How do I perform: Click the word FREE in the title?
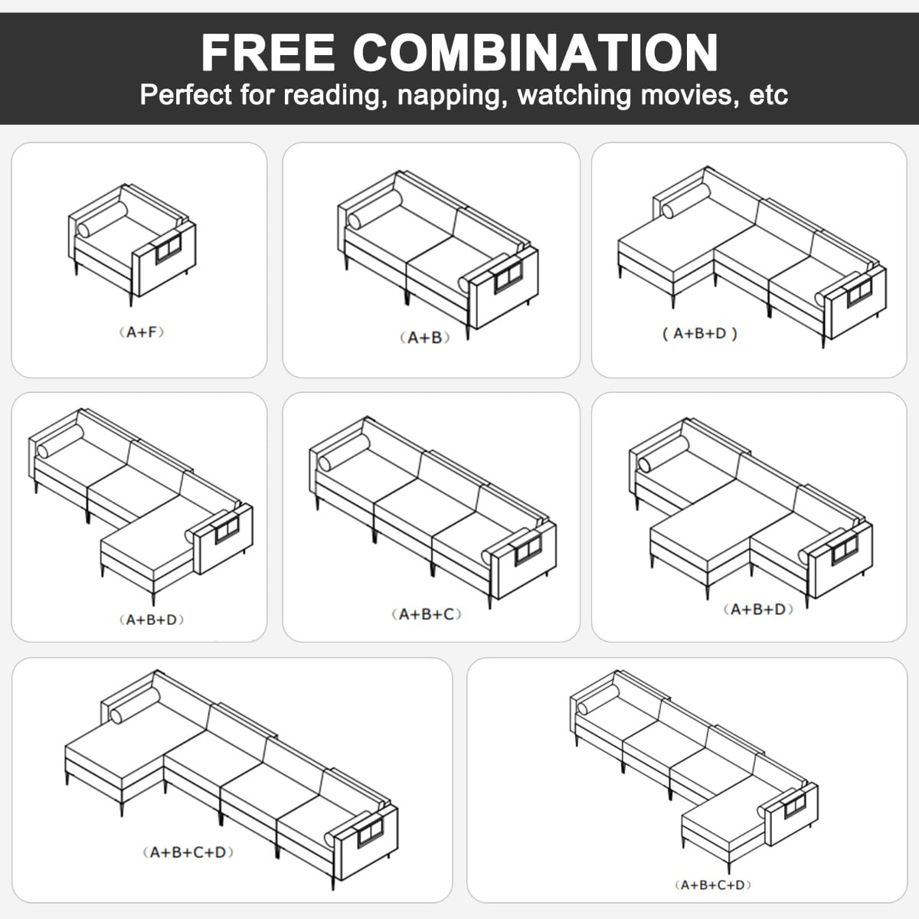tap(268, 53)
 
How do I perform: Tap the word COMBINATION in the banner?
tap(535, 53)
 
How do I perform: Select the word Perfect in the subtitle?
tap(186, 94)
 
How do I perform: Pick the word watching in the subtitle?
tap(574, 96)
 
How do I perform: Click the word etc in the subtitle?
tap(768, 96)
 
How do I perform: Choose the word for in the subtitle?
tap(257, 94)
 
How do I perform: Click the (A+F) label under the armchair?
tap(141, 332)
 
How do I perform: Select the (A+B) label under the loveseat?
tap(424, 338)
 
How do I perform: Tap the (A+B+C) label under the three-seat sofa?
tap(427, 614)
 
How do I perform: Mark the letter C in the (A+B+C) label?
tap(449, 614)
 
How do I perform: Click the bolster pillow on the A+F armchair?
tap(103, 219)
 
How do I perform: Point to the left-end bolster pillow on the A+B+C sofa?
tap(344, 453)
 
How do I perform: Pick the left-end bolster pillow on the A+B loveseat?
tap(374, 209)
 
